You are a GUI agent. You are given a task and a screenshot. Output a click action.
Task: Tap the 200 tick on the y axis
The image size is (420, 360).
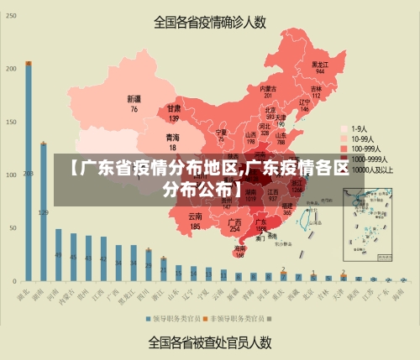coord(12,68)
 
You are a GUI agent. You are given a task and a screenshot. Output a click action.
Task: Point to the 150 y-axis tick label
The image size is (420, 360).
coord(12,122)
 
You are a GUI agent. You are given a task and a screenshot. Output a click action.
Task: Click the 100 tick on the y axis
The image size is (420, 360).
coord(12,175)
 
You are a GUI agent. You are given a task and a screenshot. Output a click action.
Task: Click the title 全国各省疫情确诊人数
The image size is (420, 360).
coord(209,23)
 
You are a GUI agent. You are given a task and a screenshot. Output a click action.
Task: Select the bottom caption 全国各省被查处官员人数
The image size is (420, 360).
coord(209,342)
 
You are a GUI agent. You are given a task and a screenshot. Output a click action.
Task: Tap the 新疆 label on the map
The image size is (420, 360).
coord(134,99)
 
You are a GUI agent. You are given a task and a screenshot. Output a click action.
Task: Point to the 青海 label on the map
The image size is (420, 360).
coord(172,137)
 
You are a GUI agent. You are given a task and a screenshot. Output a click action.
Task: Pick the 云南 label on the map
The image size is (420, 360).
coord(195,217)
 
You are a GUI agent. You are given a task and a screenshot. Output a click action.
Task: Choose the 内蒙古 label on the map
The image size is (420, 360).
coord(268,88)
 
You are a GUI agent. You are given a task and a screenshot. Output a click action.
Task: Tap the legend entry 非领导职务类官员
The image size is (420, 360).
coord(239,319)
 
